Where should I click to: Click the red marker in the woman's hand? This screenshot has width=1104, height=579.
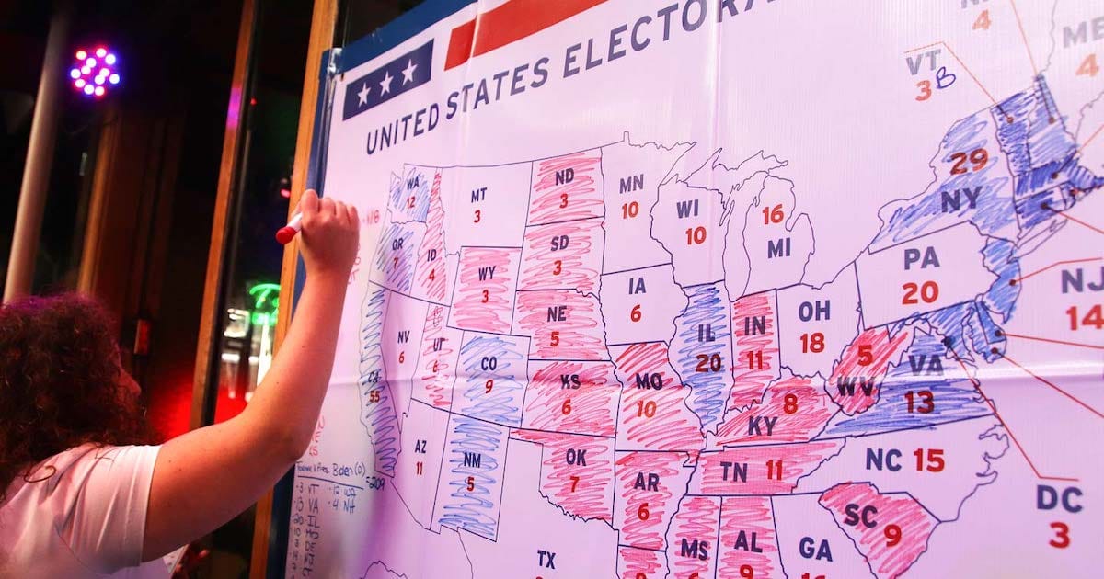[x=288, y=229]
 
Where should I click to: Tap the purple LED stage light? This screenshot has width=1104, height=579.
[x=95, y=72]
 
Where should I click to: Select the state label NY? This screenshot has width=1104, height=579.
[x=960, y=199]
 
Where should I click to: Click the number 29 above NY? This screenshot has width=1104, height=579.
[x=969, y=161]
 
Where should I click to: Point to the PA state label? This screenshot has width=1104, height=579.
[x=921, y=258]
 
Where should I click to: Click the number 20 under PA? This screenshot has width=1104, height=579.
[x=920, y=292]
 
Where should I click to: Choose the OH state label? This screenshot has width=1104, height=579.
[x=813, y=311]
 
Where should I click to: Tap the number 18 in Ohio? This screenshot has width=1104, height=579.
[x=811, y=343]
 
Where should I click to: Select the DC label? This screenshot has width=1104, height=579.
[x=1059, y=498]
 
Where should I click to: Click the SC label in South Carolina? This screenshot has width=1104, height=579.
[x=861, y=516]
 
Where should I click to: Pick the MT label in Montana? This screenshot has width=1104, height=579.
[x=478, y=195]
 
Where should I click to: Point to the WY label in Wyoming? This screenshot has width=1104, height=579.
[x=486, y=274]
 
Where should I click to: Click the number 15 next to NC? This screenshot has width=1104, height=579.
[x=928, y=460]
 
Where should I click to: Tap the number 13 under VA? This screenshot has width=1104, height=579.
[x=918, y=401]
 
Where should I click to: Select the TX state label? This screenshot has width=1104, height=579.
[x=546, y=558]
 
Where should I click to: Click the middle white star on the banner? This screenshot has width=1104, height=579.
[x=386, y=84]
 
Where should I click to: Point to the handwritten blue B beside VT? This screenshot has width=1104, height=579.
[x=945, y=80]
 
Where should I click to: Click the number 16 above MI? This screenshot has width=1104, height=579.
[x=773, y=214]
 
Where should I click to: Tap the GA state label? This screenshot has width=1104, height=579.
[x=815, y=550]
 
